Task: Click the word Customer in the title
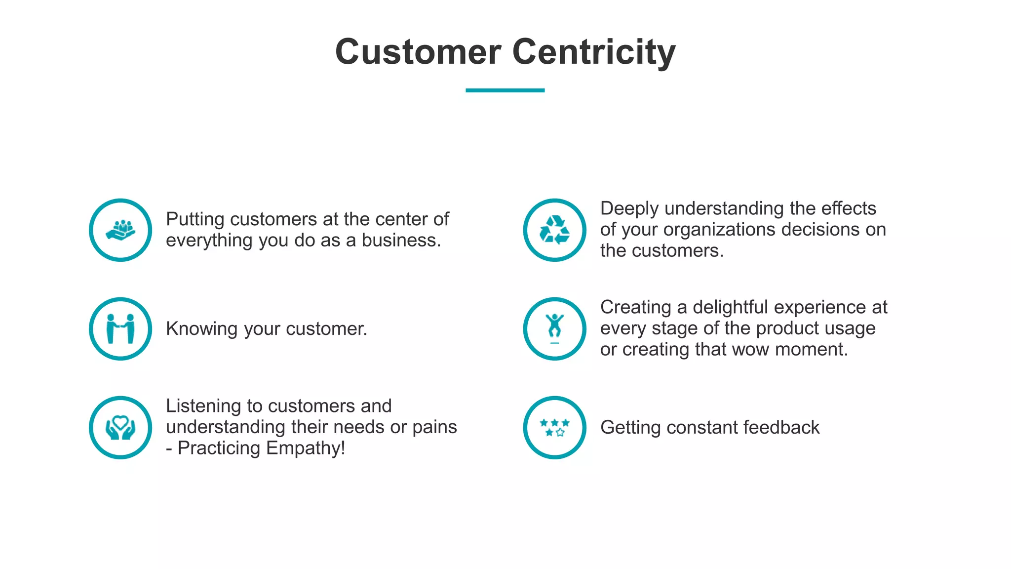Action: tap(418, 52)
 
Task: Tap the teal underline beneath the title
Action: tap(505, 90)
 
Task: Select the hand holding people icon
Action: tap(120, 230)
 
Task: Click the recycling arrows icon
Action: tap(554, 230)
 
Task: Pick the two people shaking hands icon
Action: tap(120, 328)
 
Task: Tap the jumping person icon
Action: tap(554, 327)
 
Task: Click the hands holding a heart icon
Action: tap(120, 427)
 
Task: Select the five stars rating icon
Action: tap(554, 427)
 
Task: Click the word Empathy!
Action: tap(306, 448)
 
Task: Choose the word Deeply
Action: tap(629, 209)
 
